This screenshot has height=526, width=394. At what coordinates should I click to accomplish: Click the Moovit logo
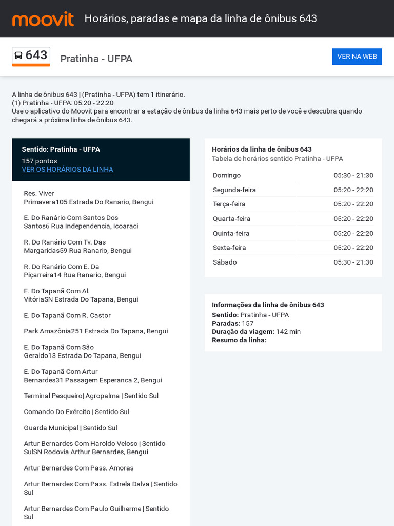click(43, 19)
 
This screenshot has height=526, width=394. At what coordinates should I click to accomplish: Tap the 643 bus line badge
click(31, 55)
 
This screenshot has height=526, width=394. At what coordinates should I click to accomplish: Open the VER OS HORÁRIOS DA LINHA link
click(67, 170)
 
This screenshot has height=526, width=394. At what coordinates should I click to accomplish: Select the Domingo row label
click(227, 175)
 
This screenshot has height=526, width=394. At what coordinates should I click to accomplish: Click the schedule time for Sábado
click(353, 262)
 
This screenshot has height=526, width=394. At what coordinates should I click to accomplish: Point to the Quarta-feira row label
click(231, 218)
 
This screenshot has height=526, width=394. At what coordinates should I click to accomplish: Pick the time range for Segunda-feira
click(353, 190)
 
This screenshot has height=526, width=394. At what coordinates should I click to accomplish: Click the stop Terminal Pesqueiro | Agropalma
click(91, 396)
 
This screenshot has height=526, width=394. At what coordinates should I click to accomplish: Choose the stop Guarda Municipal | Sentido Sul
click(70, 428)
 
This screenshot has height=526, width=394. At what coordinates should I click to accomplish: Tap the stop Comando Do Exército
click(76, 412)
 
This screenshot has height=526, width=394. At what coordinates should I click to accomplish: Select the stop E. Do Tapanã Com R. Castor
click(67, 315)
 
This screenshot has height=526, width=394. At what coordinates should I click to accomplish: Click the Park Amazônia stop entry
click(95, 331)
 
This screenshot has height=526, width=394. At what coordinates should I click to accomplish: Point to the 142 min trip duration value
click(288, 332)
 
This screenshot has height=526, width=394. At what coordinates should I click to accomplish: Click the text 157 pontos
click(40, 161)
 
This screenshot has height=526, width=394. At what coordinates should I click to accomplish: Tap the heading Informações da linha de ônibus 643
click(268, 305)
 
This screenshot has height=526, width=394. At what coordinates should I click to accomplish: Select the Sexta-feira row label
click(229, 248)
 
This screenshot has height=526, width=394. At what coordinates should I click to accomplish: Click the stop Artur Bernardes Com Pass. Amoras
click(78, 468)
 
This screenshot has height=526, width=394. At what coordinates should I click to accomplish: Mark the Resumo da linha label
click(239, 340)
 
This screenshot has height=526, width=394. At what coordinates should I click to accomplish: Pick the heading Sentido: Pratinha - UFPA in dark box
click(61, 149)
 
